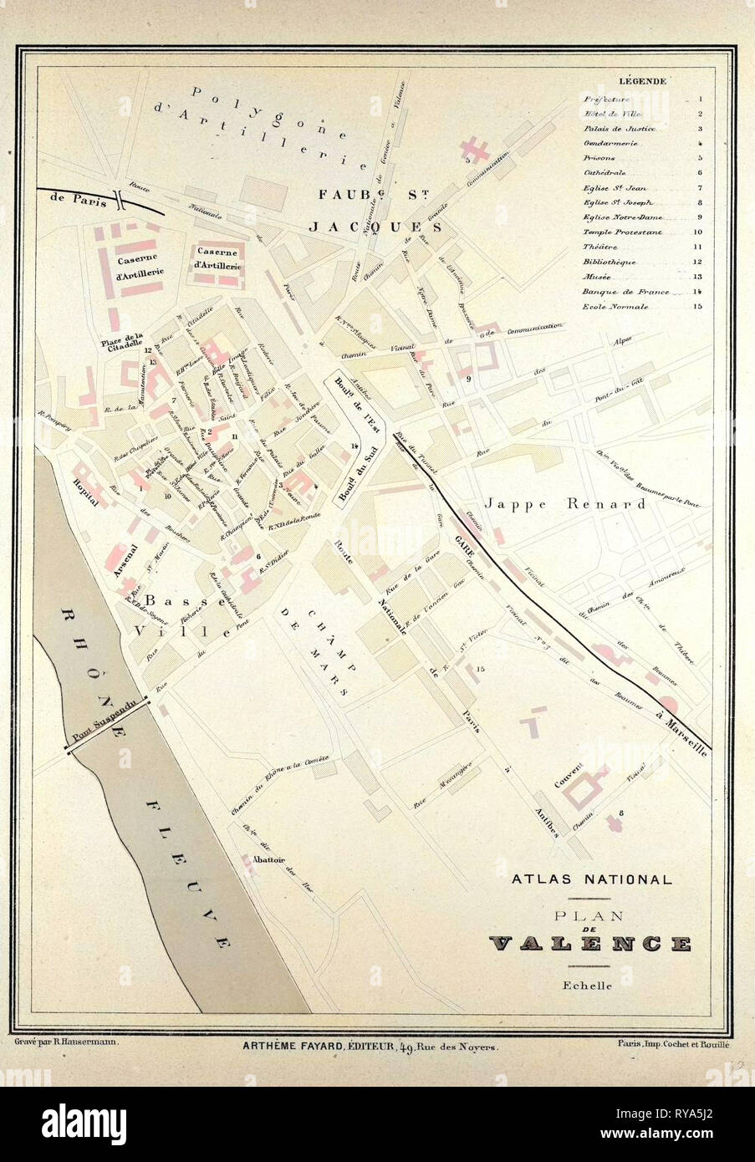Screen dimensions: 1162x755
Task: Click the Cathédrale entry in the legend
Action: (600, 172)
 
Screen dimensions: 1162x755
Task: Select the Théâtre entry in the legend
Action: (599, 247)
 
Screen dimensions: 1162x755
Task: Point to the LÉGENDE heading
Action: (641, 81)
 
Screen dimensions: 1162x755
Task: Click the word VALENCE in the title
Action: (590, 945)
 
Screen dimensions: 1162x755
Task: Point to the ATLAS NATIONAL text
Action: (590, 879)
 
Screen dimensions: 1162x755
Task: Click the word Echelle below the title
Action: (589, 986)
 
